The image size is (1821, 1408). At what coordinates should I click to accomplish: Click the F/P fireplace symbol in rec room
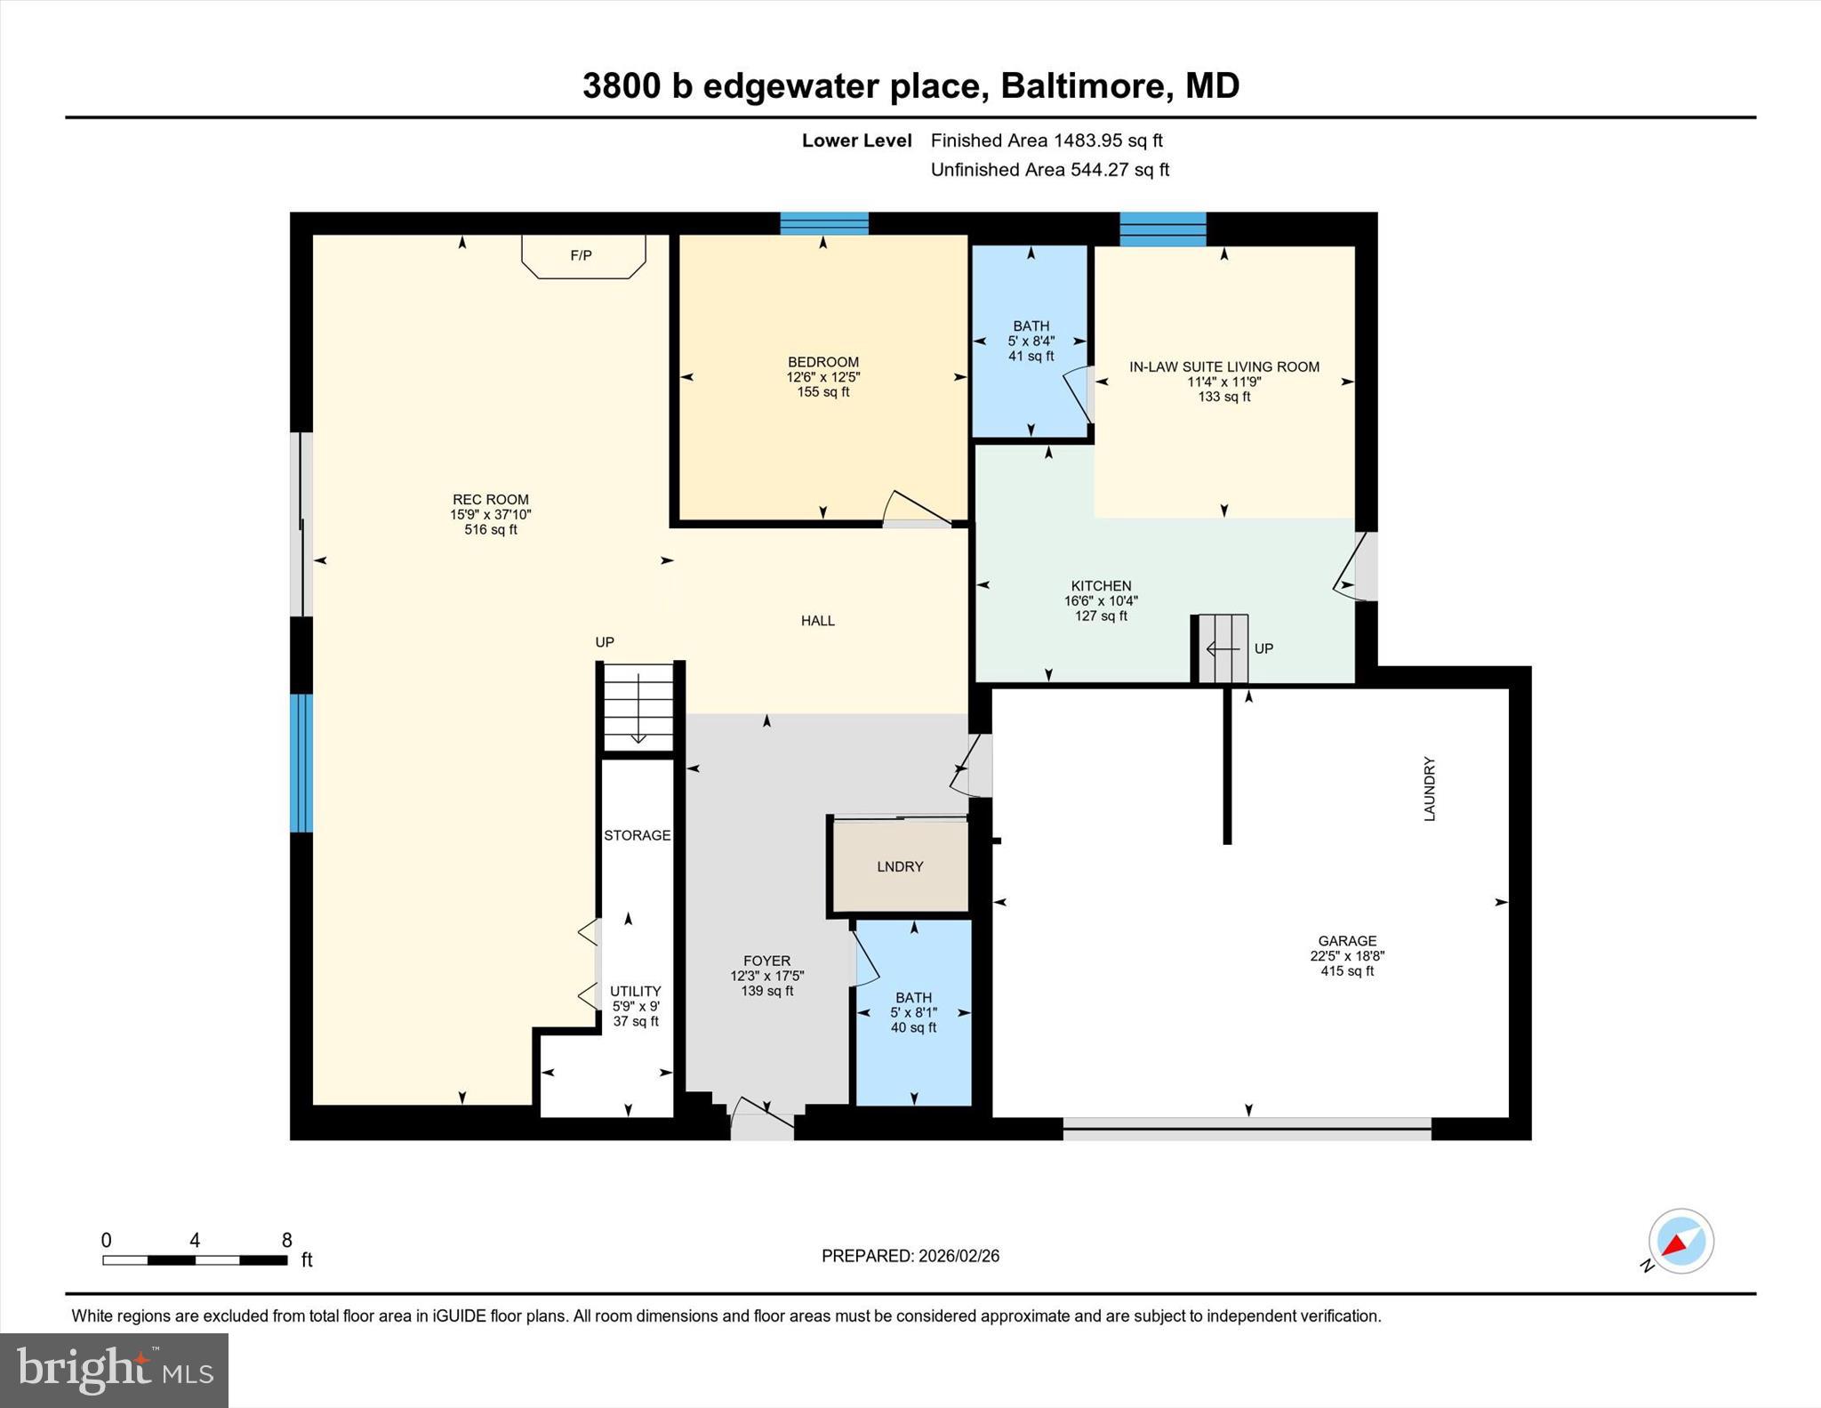click(582, 256)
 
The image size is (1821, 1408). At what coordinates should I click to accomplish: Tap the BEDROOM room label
click(822, 362)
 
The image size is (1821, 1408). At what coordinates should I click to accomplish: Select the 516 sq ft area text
click(490, 530)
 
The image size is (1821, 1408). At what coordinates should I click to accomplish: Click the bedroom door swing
click(916, 509)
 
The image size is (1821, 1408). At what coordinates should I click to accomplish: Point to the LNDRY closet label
click(900, 866)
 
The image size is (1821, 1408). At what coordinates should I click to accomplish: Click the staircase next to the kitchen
click(1223, 649)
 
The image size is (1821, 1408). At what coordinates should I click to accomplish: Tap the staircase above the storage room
click(638, 707)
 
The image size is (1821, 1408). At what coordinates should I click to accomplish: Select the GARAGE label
click(1347, 941)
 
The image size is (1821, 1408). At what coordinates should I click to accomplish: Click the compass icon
click(1680, 1242)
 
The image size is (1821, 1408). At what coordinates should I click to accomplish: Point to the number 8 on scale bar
click(286, 1241)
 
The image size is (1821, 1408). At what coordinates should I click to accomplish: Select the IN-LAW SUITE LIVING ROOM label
click(1223, 366)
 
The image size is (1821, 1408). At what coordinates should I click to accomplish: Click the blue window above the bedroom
click(823, 223)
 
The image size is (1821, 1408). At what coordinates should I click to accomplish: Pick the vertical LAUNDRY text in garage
click(1429, 789)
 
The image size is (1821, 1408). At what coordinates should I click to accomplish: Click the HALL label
click(817, 621)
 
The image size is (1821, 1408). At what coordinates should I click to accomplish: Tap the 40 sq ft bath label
click(913, 1027)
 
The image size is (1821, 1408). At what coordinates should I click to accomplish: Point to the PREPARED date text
click(910, 1256)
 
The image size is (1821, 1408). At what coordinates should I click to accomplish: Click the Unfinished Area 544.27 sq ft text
click(1049, 170)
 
